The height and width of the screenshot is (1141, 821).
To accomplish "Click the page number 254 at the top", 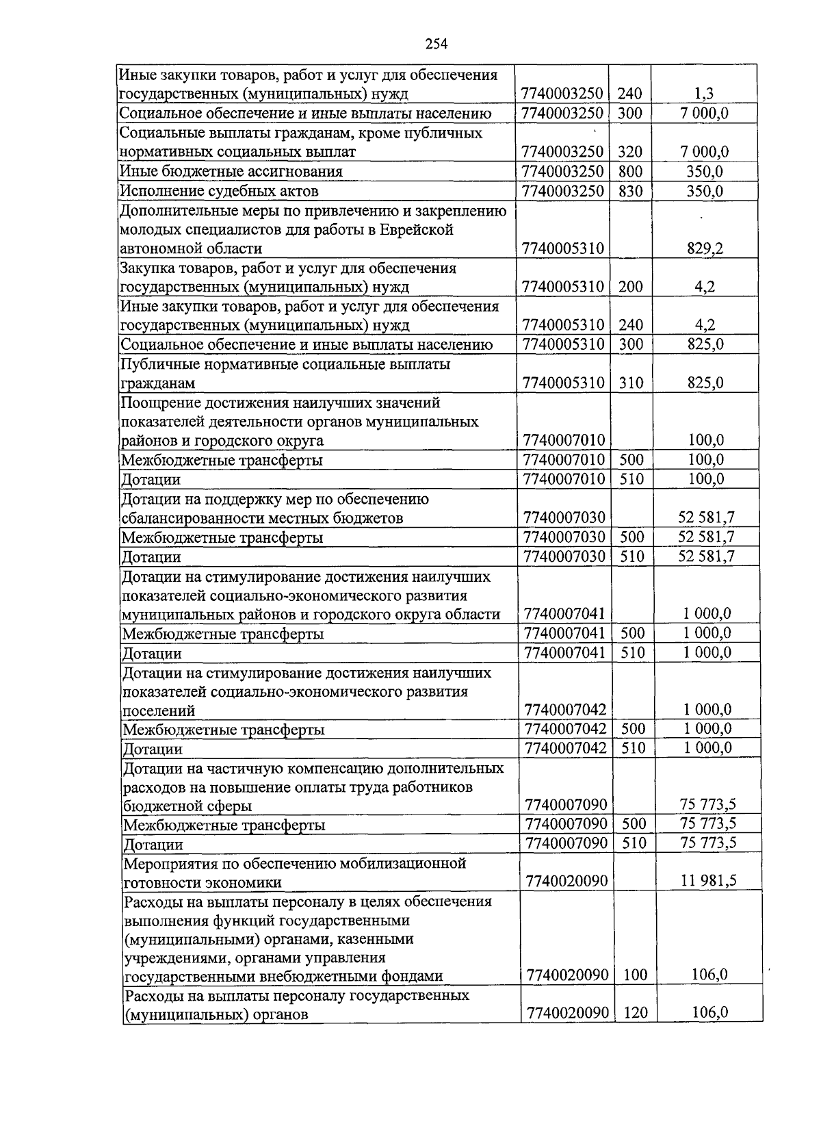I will pos(435,44).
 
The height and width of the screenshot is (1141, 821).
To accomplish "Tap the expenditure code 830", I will pos(630,191).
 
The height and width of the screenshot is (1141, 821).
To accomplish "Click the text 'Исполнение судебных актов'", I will pos(219,191).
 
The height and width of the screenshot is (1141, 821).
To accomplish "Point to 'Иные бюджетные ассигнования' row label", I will pos(231,171).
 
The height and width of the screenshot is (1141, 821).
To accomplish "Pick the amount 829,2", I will pos(705,248).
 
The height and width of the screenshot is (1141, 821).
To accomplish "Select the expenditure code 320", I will pos(630,152).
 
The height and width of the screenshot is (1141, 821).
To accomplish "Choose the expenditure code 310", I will pos(631,383).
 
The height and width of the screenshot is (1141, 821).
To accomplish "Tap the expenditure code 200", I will pos(630,287).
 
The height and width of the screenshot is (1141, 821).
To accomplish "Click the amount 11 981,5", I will pos(709,881).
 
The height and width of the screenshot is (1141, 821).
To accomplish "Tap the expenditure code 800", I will pos(630,171).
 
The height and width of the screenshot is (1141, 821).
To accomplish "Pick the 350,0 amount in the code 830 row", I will pos(705,191).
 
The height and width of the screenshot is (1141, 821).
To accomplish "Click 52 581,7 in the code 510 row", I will pos(707,556).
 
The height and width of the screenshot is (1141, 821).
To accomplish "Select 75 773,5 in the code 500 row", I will pos(709,823).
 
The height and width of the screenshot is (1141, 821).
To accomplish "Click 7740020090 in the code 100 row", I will pos(567,975).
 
